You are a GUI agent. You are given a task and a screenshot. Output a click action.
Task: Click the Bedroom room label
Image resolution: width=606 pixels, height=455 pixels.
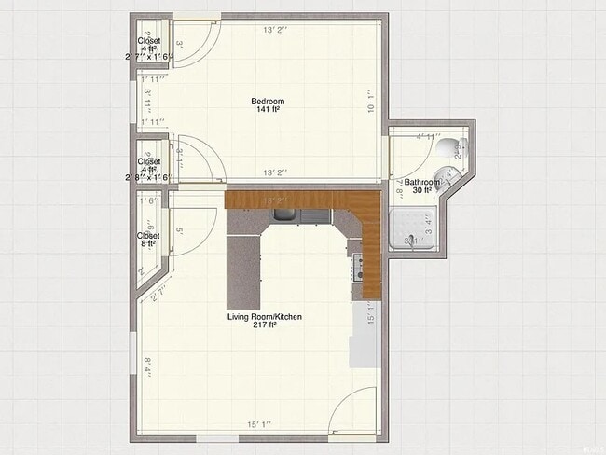(268, 101)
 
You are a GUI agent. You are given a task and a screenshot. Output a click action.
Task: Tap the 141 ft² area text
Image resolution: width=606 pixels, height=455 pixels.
(268, 110)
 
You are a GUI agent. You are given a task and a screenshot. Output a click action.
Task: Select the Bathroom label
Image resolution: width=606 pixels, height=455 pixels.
(421, 182)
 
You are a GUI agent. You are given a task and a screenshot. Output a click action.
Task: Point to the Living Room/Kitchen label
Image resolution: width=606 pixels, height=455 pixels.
(265, 317)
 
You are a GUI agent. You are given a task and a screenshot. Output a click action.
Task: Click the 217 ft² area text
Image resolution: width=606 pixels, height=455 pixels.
(265, 326)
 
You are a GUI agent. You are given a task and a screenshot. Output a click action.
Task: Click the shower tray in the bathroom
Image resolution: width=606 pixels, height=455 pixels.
(414, 229)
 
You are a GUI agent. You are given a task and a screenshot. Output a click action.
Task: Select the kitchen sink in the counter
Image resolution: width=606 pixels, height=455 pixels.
(301, 217)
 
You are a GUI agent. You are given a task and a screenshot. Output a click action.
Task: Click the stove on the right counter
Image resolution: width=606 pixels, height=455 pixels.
(355, 269)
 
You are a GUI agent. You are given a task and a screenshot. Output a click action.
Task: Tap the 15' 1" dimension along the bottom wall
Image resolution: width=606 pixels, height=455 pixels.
(259, 425)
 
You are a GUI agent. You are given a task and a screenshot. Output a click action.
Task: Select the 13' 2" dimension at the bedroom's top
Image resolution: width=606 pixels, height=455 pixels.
(274, 30)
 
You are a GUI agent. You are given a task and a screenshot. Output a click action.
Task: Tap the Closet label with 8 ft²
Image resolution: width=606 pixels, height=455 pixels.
(148, 240)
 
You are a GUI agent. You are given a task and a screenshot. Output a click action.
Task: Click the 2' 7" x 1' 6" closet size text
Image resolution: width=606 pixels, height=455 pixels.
(149, 57)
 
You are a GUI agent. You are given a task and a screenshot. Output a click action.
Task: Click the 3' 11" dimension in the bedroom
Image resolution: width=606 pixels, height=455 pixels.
(147, 97)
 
